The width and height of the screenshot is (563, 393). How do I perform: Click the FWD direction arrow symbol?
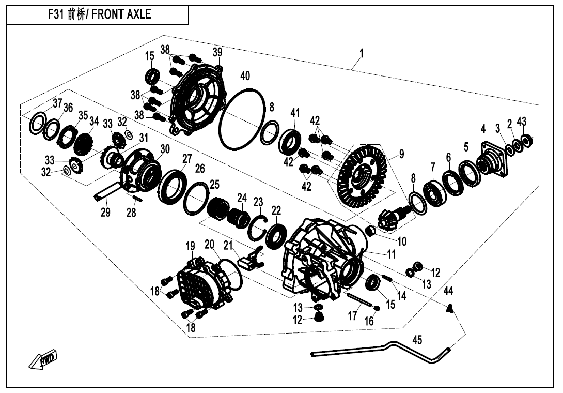tap(43, 360)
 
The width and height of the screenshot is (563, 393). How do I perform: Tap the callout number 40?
tap(245, 77)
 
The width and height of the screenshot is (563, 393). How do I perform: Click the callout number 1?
tap(361, 53)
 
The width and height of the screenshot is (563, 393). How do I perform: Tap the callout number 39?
tap(217, 52)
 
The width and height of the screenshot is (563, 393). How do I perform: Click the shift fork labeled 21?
tap(251, 258)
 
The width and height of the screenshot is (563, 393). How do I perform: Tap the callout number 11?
tap(391, 254)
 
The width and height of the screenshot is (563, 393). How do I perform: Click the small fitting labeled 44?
tap(449, 309)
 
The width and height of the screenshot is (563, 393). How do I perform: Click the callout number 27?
tap(187, 158)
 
